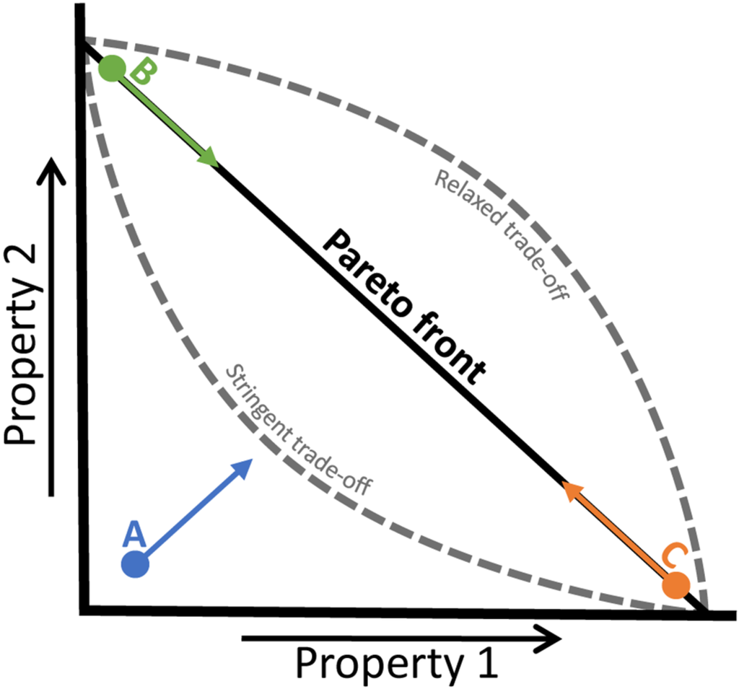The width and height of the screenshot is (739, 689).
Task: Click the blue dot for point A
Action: tap(135, 564)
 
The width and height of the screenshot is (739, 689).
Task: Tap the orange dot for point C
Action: tap(676, 584)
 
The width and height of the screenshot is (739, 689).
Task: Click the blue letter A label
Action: tap(135, 534)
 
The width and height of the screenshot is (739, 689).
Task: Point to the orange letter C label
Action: tap(674, 556)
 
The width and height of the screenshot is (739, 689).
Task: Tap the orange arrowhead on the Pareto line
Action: tap(571, 491)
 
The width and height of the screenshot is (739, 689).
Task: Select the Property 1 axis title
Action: tap(398, 662)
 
